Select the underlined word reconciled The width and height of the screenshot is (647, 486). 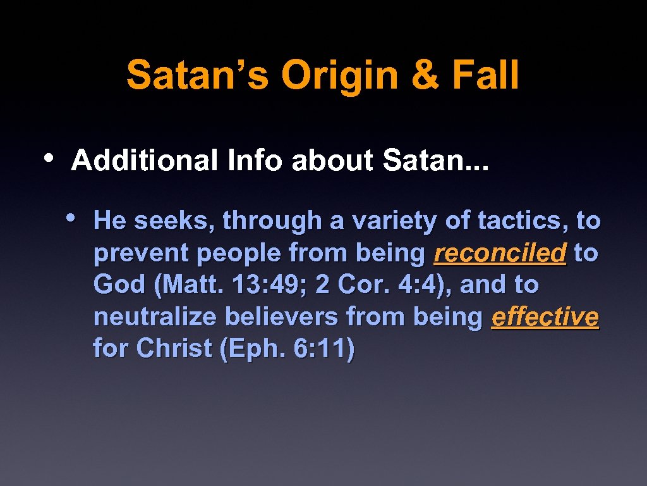click(x=500, y=253)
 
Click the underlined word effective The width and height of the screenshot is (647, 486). click(x=545, y=317)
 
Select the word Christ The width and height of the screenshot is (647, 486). click(x=174, y=349)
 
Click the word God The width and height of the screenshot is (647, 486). click(x=119, y=285)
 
